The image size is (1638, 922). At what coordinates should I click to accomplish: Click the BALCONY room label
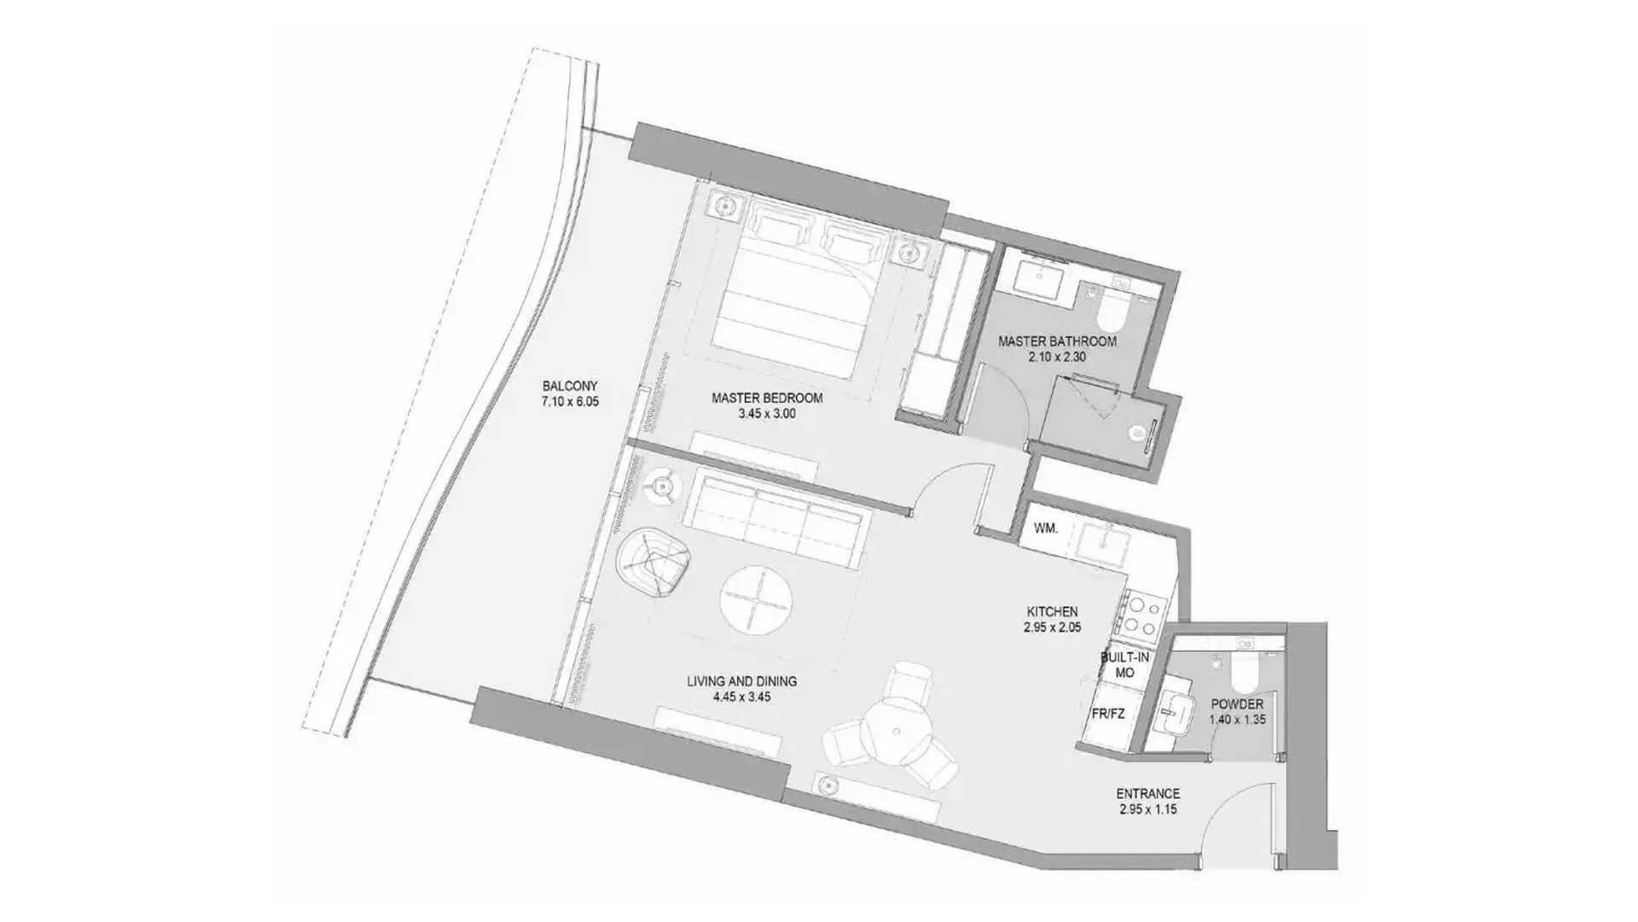[x=570, y=385]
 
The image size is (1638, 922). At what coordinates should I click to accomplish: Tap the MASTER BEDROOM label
[x=767, y=398]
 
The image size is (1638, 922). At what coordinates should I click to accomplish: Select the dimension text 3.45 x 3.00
[x=767, y=414]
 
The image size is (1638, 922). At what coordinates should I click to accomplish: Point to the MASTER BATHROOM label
[x=1057, y=341]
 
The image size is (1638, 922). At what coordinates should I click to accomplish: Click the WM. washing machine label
[x=1046, y=528]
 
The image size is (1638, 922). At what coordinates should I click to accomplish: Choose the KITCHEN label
[x=1052, y=611]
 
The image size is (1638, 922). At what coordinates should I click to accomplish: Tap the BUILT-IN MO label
[x=1124, y=665]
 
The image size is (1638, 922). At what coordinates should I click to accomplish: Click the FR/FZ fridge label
[x=1108, y=714]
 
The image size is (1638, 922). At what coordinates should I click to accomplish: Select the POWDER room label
[x=1237, y=704]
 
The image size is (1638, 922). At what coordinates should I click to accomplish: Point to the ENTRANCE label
[x=1148, y=793]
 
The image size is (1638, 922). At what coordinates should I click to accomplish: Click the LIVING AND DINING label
[x=742, y=681]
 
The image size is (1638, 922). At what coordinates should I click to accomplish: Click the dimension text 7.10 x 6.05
[x=570, y=401]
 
